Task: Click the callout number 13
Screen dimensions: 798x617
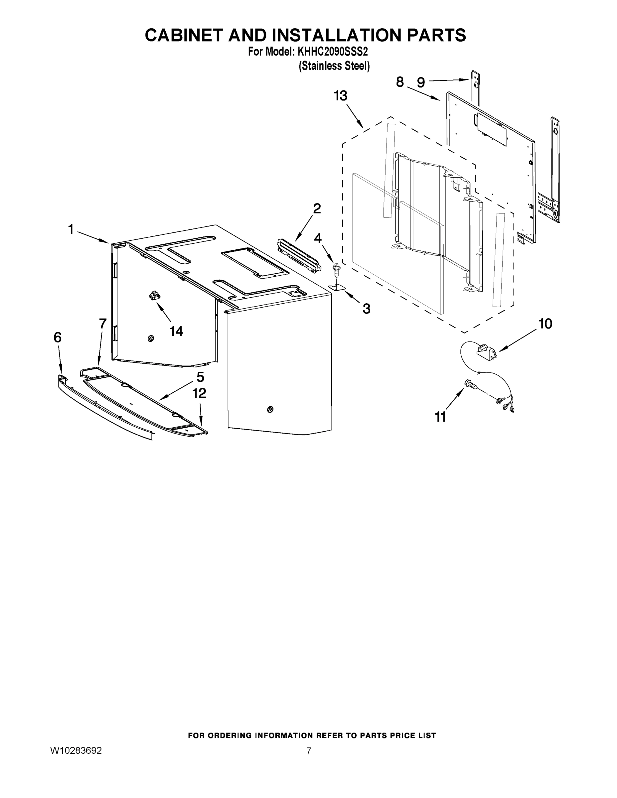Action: [x=340, y=96]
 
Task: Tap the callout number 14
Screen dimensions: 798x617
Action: [x=176, y=332]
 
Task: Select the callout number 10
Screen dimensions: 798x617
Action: [x=545, y=324]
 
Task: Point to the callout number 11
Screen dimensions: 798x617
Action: [x=440, y=417]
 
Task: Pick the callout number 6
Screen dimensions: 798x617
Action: [x=58, y=337]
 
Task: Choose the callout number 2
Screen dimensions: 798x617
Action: [x=317, y=208]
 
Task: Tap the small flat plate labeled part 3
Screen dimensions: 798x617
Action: [x=337, y=288]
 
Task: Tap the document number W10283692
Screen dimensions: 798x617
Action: [x=76, y=750]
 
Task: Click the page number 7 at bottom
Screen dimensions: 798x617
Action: [x=309, y=751]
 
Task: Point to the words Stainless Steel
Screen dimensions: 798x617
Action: [x=334, y=66]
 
